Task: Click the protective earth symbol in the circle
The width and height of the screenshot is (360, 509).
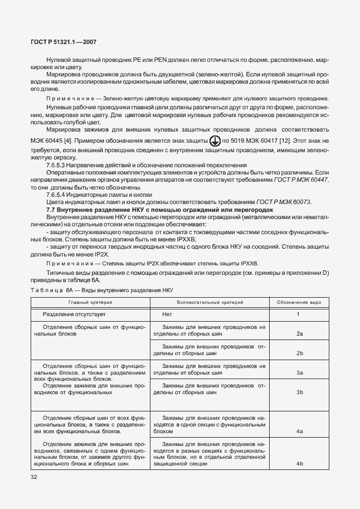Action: [x=214, y=142]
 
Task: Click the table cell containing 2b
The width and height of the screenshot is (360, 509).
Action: [x=299, y=353]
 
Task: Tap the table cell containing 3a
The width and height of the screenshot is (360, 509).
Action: [x=299, y=372]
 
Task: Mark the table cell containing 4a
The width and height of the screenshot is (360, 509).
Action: [x=299, y=432]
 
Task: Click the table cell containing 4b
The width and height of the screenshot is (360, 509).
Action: [x=299, y=463]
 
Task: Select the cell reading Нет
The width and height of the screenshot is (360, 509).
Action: [x=167, y=314]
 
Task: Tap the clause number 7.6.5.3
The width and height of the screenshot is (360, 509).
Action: [x=60, y=165]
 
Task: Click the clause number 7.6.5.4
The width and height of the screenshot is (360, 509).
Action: [x=60, y=195]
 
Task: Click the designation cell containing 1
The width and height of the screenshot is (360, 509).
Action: [x=299, y=314]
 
